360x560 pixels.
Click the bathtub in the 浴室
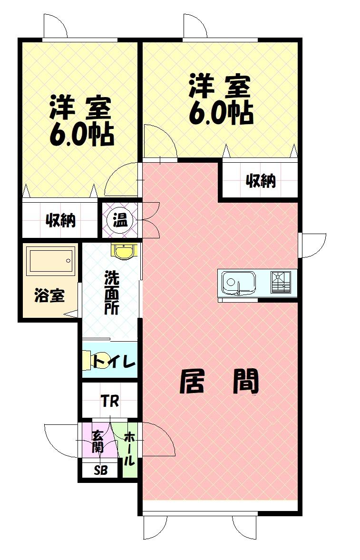pos(50,261)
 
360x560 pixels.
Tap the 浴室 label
pos(49,295)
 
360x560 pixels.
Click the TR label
pos(109,401)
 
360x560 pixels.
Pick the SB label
pos(100,471)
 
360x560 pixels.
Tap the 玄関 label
pos(97,441)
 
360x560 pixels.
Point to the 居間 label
pos(219,382)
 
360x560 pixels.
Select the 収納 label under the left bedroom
pos(60,220)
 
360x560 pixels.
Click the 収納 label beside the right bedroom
pos(261,180)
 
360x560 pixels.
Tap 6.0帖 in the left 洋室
pos(81,136)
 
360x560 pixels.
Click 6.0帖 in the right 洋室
pos(220,113)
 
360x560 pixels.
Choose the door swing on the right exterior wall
pos(312,245)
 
